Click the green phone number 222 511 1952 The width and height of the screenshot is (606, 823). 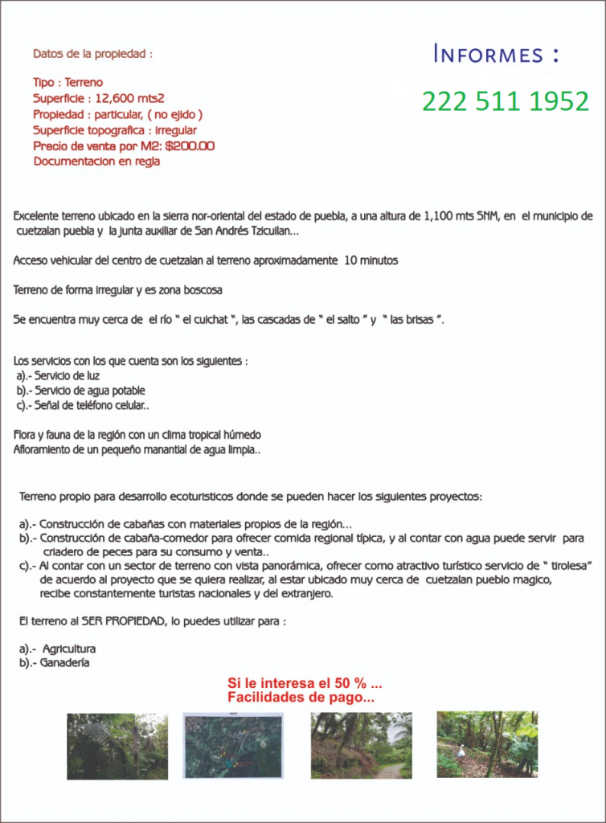(x=506, y=102)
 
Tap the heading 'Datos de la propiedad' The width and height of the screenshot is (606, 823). (x=92, y=54)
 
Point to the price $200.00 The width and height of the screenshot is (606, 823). (x=189, y=145)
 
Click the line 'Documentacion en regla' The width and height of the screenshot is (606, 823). (x=96, y=161)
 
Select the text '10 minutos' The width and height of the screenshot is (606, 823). (x=371, y=260)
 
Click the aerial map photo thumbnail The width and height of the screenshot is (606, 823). (x=233, y=745)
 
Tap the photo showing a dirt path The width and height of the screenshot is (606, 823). (x=361, y=745)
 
